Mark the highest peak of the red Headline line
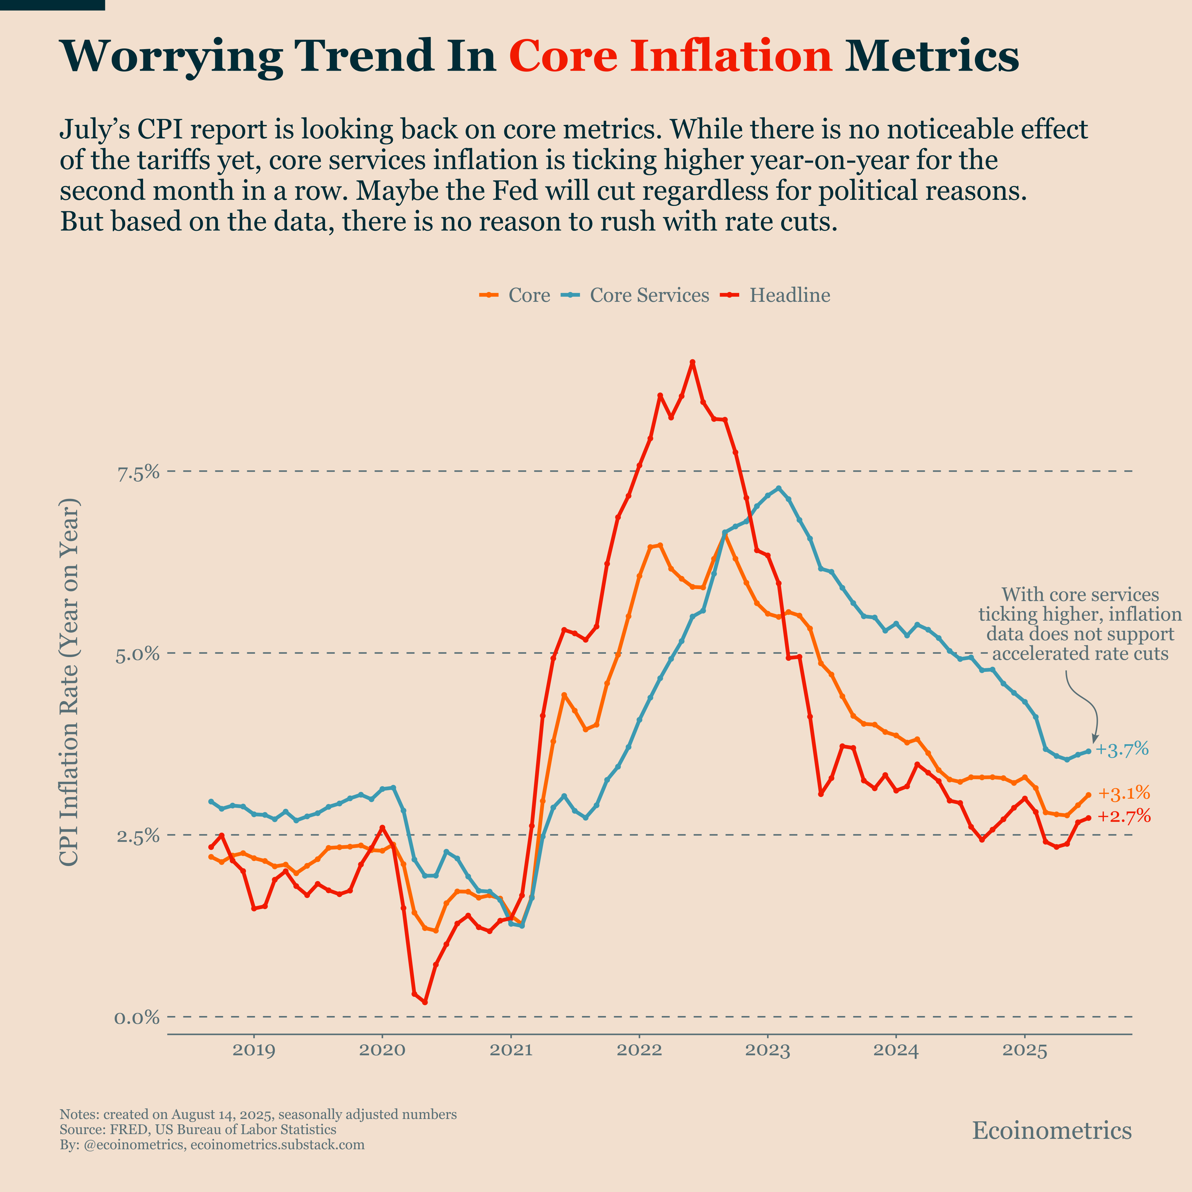(692, 362)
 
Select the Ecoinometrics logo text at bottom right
(1052, 1130)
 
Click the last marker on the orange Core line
(1088, 795)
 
